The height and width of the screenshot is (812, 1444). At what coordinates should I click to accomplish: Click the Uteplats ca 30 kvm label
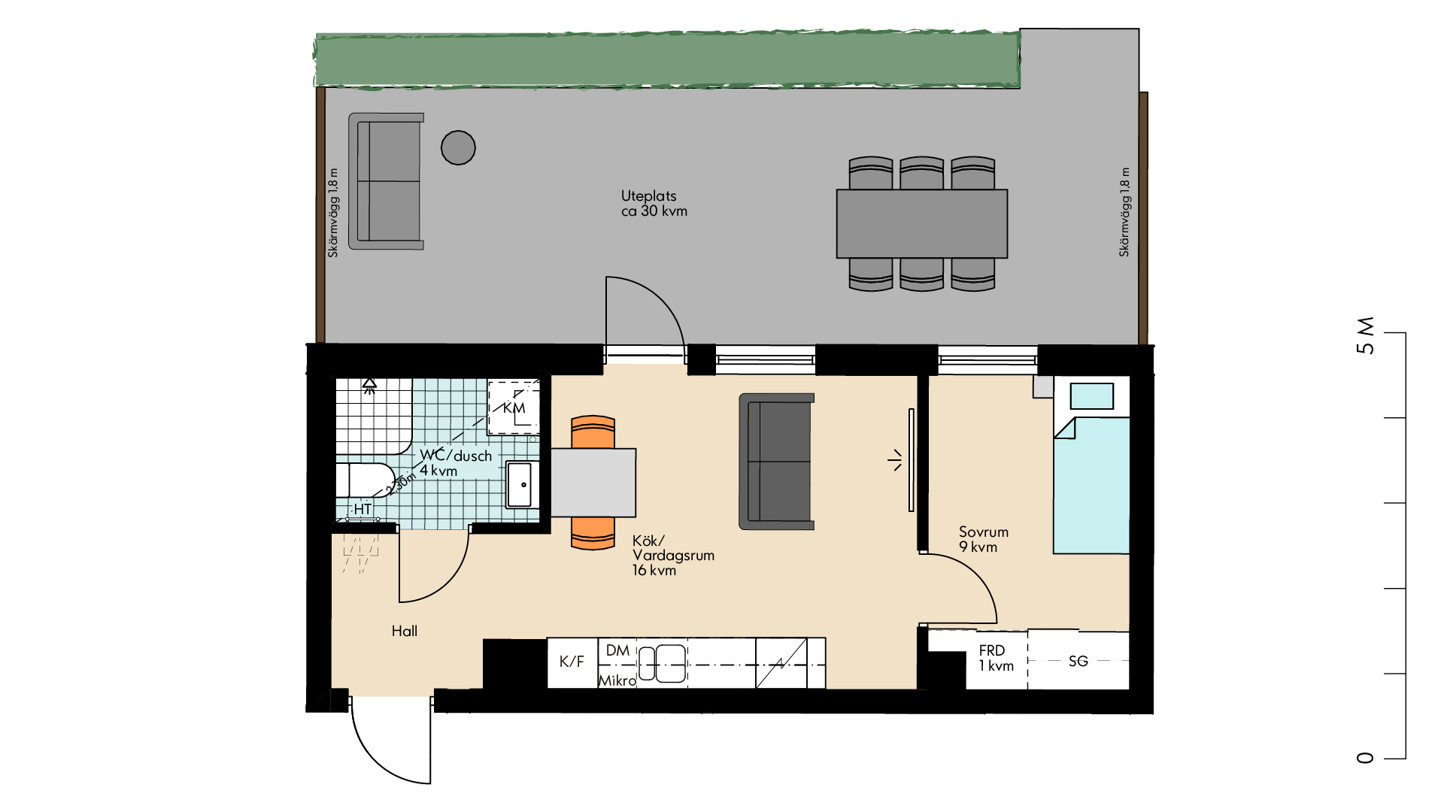pos(654,204)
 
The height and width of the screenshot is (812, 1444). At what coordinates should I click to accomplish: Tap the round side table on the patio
pos(458,147)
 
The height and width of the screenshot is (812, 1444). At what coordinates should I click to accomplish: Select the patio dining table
pos(922,224)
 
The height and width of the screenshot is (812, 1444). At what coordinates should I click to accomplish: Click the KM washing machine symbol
pos(514,408)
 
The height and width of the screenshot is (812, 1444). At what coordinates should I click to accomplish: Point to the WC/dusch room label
pos(456,462)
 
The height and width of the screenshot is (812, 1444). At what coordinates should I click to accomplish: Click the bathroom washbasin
pos(521,485)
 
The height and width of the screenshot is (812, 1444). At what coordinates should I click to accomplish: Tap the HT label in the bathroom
pos(363,509)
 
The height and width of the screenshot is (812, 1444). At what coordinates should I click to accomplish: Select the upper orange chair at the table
pos(593,432)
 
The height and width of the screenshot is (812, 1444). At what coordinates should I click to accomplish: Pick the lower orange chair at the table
pos(593,533)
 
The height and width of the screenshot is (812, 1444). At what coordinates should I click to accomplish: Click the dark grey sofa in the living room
pos(777,462)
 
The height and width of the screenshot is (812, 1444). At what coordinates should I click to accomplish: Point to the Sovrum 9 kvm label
pos(983,539)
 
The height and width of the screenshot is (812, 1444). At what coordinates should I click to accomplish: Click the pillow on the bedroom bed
pos(1091,396)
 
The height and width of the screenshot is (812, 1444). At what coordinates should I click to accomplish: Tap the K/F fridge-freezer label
pos(572,662)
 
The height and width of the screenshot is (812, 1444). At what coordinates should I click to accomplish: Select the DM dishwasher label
pos(617,650)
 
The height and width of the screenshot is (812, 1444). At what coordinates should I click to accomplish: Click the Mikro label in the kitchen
pos(617,680)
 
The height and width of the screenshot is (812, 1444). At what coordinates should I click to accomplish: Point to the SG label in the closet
pos(1078,661)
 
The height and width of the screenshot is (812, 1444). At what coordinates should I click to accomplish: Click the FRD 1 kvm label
pos(996,658)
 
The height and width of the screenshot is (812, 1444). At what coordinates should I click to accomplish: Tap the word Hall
pos(405,631)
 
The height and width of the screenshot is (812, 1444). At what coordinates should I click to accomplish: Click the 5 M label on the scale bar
pos(1365,335)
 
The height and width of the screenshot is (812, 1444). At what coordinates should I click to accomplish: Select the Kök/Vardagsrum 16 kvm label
pos(673,556)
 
